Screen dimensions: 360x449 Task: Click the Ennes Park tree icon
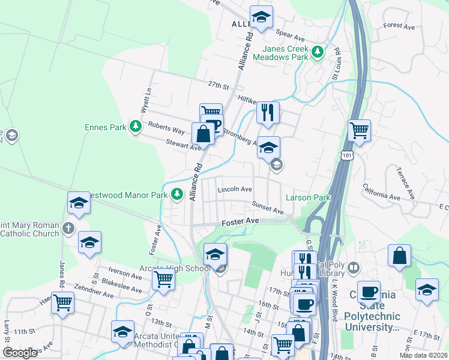(137, 126)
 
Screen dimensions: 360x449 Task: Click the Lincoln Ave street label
(235, 189)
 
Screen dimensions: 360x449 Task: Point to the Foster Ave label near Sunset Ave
(240, 222)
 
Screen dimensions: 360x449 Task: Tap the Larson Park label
(308, 197)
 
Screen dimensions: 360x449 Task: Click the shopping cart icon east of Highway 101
(359, 130)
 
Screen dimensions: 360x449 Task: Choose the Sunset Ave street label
(268, 208)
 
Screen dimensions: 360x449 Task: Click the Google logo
(20, 353)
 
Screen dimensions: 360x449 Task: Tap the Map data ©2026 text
(424, 355)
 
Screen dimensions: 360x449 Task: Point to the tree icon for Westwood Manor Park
(176, 193)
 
